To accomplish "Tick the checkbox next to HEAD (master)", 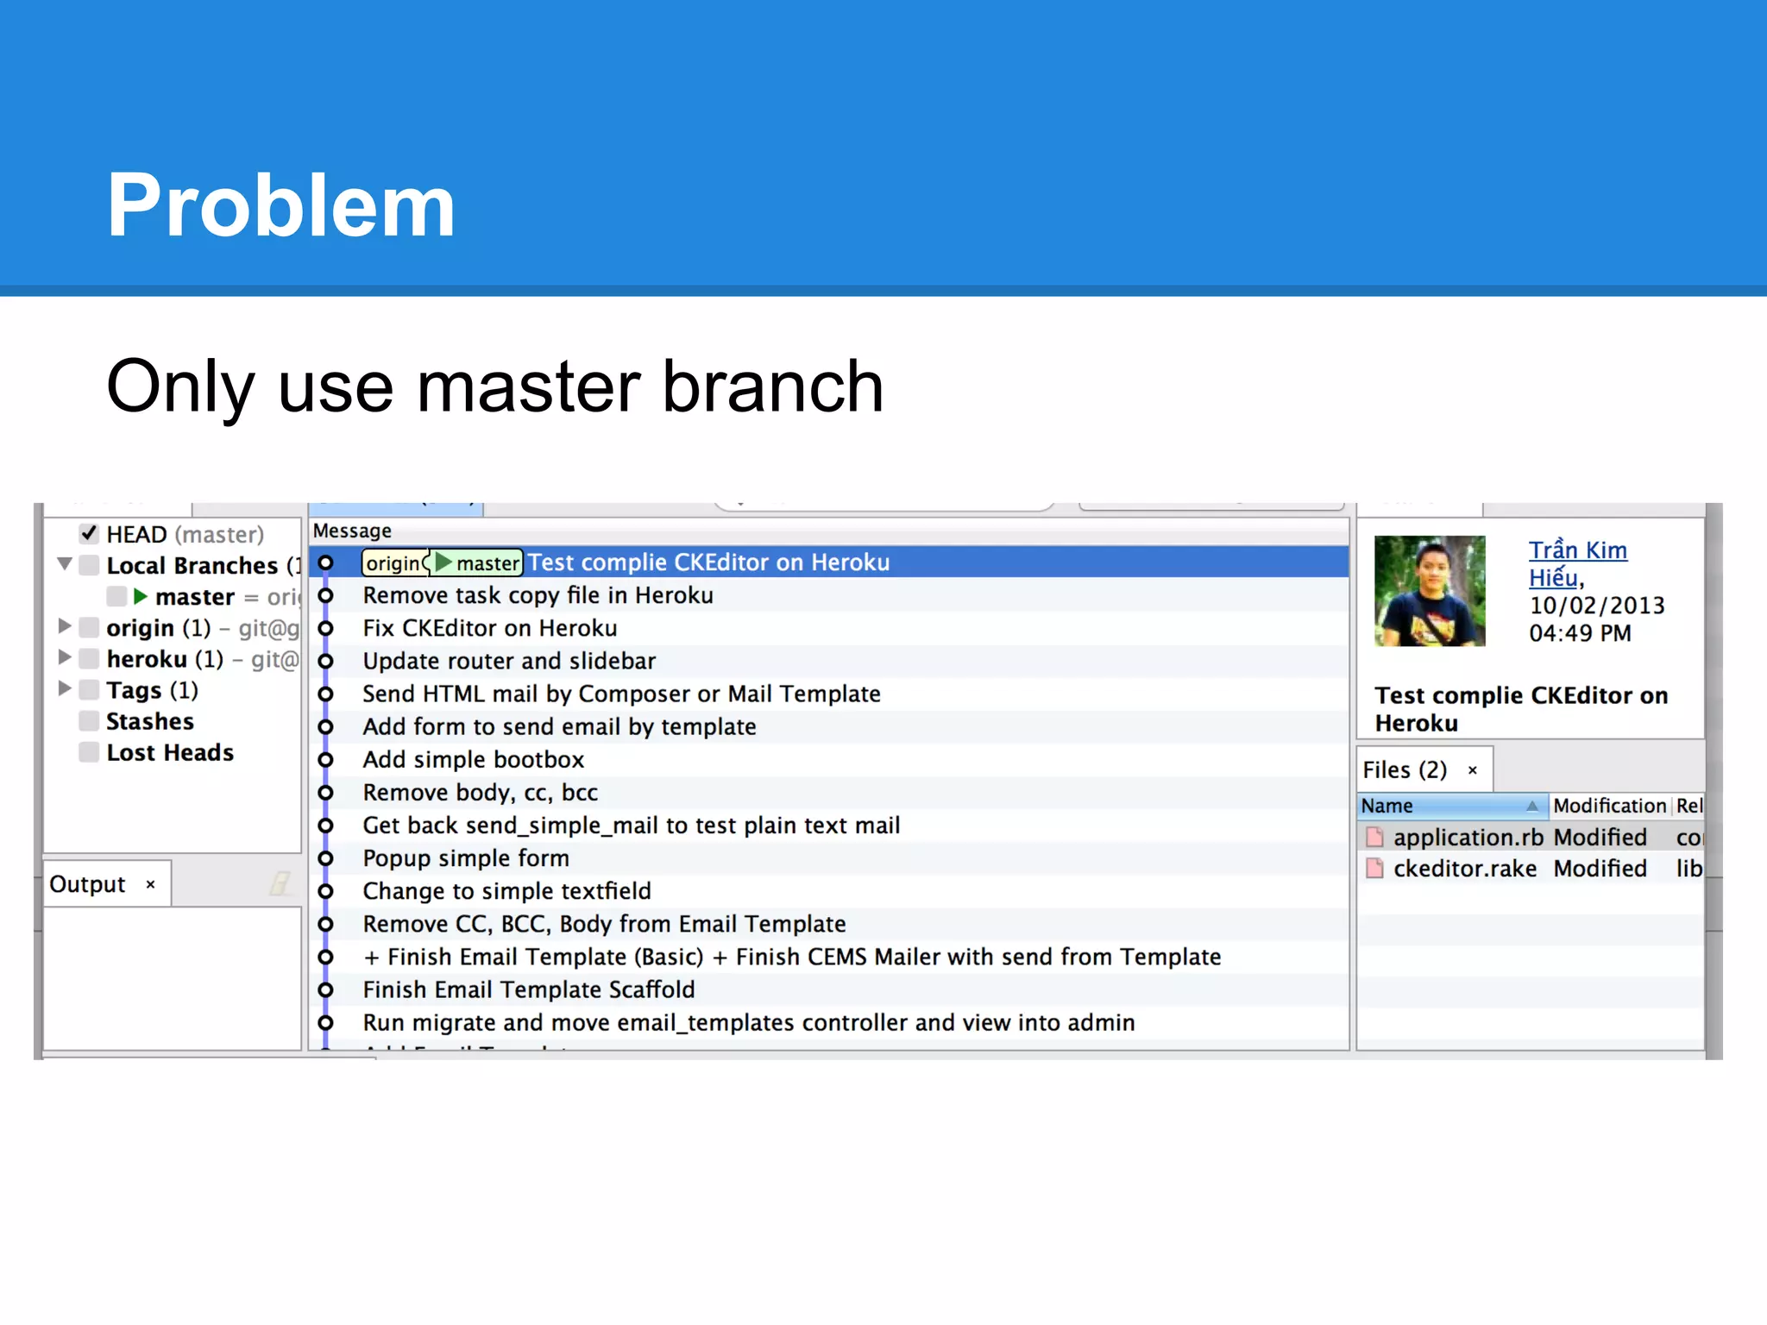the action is (89, 534).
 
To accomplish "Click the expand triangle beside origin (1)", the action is (65, 626).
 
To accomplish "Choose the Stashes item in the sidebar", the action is (149, 721).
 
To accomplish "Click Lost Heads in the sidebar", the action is (170, 752).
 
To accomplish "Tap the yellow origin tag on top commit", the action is (393, 563).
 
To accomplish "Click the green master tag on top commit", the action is (479, 563).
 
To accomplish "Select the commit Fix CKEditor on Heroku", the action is (489, 628).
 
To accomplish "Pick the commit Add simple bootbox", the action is (473, 759).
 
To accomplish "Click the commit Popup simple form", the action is (466, 858).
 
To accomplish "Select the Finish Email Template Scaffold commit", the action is (528, 989).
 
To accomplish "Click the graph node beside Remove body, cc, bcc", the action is (325, 793).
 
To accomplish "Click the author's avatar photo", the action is (1429, 591).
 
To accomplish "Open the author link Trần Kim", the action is (1577, 550).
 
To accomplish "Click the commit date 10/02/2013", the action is (1596, 606).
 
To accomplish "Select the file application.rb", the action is (1468, 838).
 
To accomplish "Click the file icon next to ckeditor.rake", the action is (1374, 869).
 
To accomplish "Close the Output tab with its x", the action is (151, 884).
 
